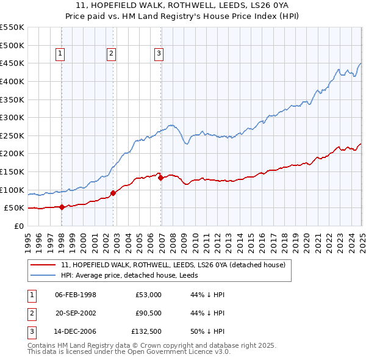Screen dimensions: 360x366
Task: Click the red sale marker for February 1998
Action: (x=62, y=207)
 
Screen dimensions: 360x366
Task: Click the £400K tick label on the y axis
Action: (x=12, y=81)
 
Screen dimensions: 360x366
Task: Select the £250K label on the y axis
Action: (x=12, y=135)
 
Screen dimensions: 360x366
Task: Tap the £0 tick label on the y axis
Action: (x=18, y=226)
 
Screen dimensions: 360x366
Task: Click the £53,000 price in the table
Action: (x=149, y=294)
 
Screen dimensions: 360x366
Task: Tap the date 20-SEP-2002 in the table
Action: (x=76, y=313)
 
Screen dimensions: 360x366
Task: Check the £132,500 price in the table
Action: (x=146, y=332)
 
